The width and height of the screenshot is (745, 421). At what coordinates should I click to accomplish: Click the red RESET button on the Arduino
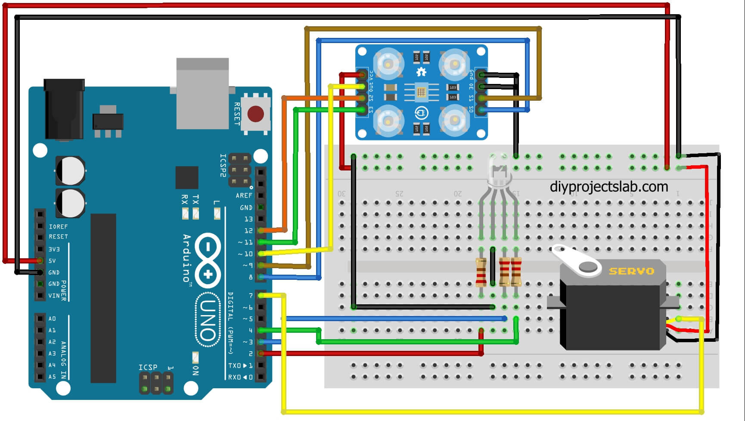255,114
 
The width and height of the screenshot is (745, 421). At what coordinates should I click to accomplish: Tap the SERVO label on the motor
631,271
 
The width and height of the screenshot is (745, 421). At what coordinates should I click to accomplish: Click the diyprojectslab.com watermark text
609,187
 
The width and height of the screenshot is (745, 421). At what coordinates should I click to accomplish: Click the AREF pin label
244,195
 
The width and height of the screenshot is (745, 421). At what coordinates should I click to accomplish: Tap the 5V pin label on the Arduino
52,261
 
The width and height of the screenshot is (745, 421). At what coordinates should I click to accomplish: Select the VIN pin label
54,296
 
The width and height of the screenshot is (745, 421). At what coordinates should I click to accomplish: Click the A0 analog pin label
52,319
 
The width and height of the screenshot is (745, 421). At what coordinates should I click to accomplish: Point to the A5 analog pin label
52,377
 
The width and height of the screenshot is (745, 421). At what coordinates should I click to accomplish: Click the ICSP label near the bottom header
148,367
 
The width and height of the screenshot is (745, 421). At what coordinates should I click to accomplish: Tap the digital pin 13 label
248,219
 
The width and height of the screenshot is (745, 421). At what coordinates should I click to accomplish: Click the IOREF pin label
58,226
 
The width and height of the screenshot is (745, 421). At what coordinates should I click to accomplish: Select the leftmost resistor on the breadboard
481,272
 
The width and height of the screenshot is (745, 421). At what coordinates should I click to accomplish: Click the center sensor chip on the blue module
421,91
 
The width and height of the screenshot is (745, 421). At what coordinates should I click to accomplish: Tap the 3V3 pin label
54,249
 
